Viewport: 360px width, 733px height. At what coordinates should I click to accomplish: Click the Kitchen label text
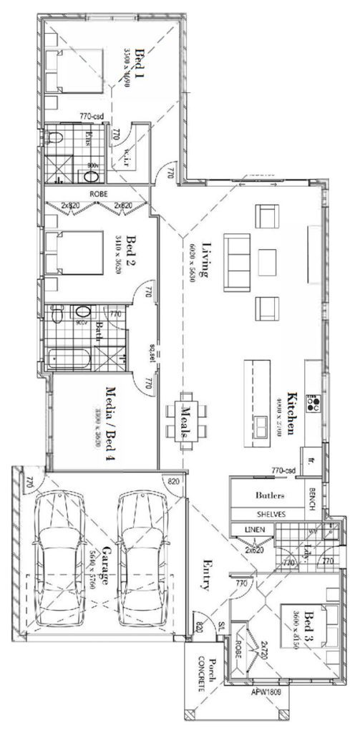tap(292, 414)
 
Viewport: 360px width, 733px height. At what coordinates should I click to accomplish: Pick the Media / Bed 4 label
tap(110, 423)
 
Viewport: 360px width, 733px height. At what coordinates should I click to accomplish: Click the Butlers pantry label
tap(270, 495)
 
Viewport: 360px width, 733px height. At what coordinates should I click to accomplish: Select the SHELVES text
tap(270, 514)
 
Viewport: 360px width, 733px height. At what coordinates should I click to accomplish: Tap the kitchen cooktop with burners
tap(313, 404)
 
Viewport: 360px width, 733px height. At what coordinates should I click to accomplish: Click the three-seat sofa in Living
tap(236, 261)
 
